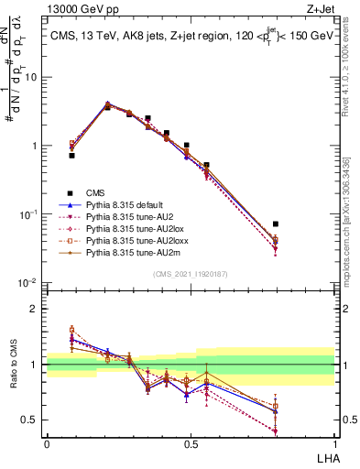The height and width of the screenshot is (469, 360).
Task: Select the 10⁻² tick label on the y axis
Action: point(29,283)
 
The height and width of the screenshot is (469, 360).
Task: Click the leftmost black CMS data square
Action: point(71,156)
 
